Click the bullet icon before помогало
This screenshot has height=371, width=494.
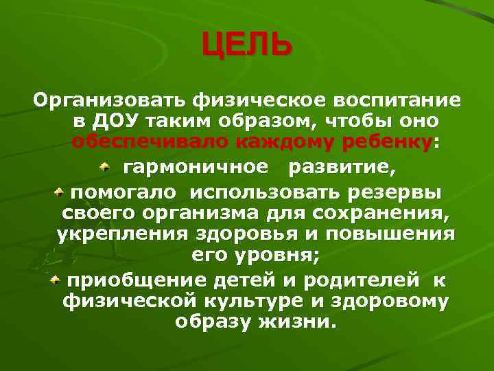pyautogui.click(x=60, y=188)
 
